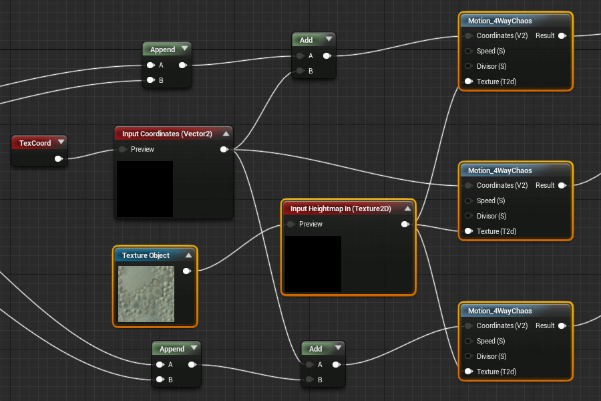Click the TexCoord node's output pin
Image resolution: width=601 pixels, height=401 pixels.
(59, 158)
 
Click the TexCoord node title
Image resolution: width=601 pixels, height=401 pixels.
(35, 143)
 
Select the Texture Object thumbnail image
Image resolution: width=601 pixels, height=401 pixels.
(146, 294)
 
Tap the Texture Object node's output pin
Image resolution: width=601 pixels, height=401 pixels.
(186, 271)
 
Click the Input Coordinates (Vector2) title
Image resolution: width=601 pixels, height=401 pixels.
(167, 134)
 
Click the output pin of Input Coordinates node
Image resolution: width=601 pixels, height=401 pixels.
(224, 150)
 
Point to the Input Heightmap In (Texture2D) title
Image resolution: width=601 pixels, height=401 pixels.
(341, 209)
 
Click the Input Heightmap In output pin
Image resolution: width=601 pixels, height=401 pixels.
(405, 225)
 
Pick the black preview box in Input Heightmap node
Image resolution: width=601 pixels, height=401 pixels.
(313, 263)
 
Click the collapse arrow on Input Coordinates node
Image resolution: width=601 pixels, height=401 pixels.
(226, 134)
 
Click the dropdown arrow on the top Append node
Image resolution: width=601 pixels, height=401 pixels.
(184, 49)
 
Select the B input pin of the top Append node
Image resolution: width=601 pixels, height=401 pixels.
(150, 80)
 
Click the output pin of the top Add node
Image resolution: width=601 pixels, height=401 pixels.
(326, 56)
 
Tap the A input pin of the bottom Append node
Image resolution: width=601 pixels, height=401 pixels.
(160, 365)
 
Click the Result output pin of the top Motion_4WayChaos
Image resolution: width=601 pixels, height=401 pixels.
(562, 35)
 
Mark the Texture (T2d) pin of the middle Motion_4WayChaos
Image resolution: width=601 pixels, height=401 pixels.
(469, 231)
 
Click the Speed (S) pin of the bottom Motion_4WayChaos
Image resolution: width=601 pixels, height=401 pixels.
(469, 341)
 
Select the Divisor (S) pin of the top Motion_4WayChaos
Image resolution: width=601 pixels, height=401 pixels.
(469, 66)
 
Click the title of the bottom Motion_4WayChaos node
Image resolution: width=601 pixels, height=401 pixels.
(499, 311)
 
